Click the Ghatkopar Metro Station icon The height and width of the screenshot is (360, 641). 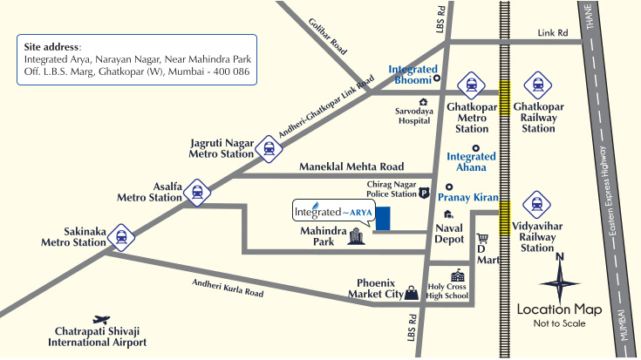click(471, 85)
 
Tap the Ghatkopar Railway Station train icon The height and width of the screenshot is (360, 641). click(537, 85)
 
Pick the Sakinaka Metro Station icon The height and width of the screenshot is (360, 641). click(120, 234)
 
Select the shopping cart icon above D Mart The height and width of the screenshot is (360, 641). click(482, 238)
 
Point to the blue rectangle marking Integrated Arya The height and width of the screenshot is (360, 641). click(383, 219)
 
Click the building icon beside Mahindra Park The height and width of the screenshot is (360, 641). click(355, 237)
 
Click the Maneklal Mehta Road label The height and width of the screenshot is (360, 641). click(351, 166)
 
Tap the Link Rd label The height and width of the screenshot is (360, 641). click(553, 33)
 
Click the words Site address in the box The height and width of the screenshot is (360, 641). click(52, 46)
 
